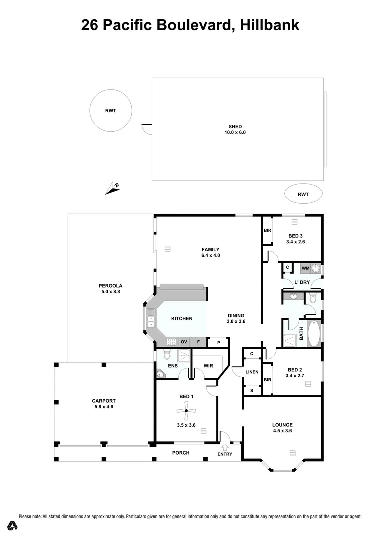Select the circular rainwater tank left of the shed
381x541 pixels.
tap(110, 111)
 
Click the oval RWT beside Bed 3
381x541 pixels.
tap(303, 194)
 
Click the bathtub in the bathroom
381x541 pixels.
tap(314, 334)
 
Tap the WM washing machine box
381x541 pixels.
tap(305, 269)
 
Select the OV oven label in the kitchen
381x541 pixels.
tap(184, 342)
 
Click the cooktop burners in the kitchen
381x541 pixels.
tap(171, 342)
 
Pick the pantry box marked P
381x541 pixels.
tap(218, 343)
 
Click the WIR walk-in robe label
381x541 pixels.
tap(208, 366)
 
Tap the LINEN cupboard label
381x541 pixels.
tap(252, 372)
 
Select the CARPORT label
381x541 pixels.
tap(104, 401)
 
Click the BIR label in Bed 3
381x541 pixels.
tap(267, 231)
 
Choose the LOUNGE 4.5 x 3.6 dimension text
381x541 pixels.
tap(282, 431)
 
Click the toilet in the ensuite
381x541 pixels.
tap(167, 356)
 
